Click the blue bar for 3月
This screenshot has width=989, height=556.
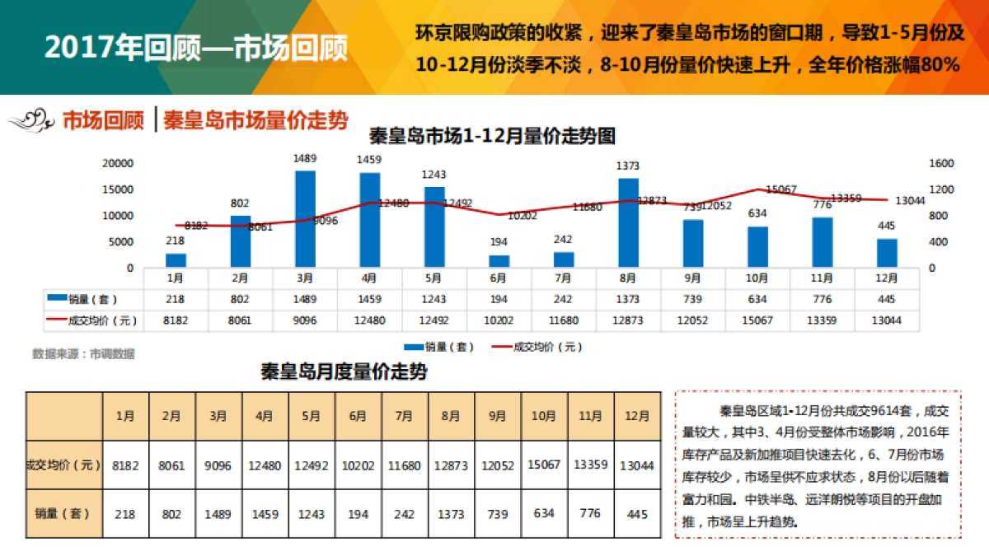coord(305,218)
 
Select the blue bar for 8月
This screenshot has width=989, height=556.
coord(628,222)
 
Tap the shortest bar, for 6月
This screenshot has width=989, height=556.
coord(499,260)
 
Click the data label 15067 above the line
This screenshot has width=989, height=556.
coord(780,189)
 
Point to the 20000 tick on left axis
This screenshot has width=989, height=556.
coord(117,163)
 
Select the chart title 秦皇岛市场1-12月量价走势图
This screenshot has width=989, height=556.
coord(492,136)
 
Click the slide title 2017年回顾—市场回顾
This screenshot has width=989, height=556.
coord(196,48)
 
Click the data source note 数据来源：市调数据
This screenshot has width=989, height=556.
coord(83,354)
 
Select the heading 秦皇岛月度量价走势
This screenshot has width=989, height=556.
coord(344,372)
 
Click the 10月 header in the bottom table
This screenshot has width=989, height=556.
coord(544,417)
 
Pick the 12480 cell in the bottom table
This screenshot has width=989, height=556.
coord(265,465)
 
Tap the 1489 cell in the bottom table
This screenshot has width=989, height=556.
coord(218,514)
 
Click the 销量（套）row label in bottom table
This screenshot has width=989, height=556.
coord(63,514)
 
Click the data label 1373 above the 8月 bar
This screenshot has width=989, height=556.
coord(628,166)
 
